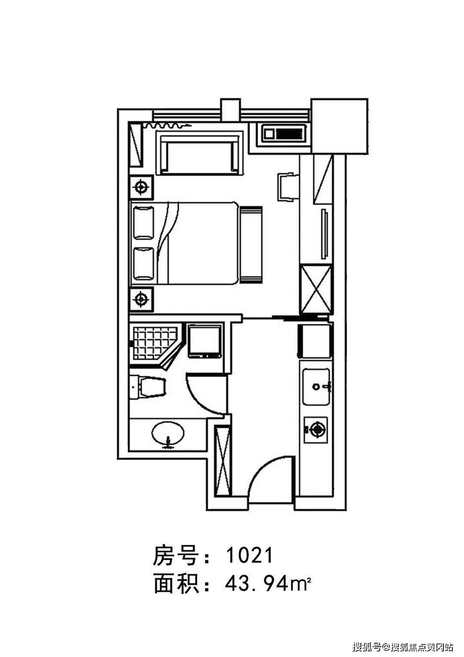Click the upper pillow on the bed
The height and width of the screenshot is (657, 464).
tap(143, 223)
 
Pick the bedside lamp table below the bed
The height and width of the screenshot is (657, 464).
tap(141, 299)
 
